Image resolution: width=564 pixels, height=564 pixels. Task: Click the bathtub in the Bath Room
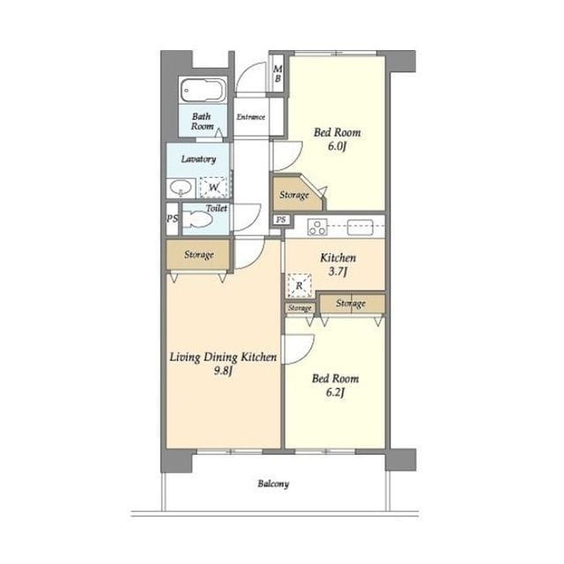tap(204, 90)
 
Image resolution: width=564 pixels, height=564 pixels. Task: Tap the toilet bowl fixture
tap(197, 219)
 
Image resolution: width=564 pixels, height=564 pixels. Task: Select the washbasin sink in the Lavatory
tap(181, 188)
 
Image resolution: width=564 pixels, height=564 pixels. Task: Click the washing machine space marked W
tap(213, 187)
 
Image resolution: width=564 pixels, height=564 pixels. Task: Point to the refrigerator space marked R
tap(300, 286)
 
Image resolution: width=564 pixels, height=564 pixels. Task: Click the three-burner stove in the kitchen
tap(317, 227)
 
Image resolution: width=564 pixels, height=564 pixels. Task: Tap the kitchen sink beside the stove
tap(360, 227)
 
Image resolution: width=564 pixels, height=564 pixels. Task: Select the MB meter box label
tap(278, 73)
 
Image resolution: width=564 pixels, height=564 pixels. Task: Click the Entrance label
tap(250, 117)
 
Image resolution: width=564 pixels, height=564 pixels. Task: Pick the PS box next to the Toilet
tap(173, 219)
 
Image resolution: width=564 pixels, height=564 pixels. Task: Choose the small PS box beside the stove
tap(281, 219)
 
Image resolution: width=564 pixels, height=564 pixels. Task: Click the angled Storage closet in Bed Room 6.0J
tap(297, 194)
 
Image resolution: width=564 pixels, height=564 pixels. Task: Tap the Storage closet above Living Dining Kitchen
tap(198, 255)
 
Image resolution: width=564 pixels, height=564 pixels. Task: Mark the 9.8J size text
tap(223, 370)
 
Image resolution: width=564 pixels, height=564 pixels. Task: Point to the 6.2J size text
tap(335, 392)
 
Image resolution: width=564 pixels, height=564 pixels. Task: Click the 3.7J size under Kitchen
tap(338, 271)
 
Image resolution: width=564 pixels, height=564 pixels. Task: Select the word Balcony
tap(273, 484)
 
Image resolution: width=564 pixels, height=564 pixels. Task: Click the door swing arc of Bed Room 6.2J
tap(306, 354)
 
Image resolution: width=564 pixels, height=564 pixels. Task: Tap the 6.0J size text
tap(337, 146)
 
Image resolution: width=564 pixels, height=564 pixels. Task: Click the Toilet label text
tap(216, 208)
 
